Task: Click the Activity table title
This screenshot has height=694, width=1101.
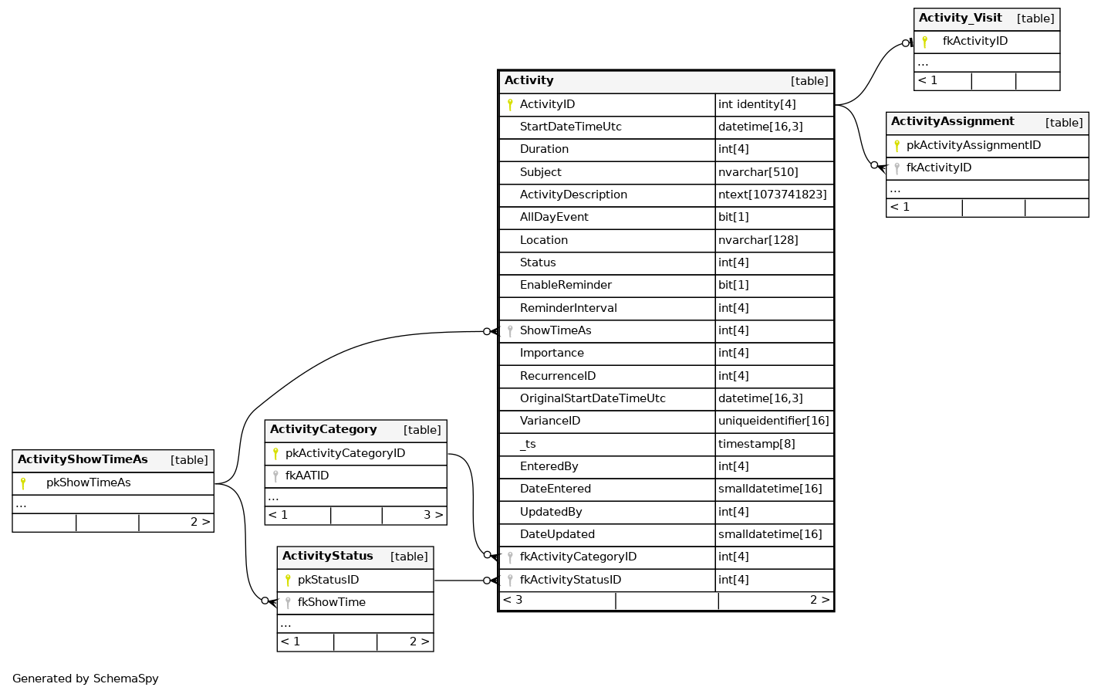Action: click(x=529, y=80)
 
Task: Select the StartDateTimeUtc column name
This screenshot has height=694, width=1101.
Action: click(x=570, y=127)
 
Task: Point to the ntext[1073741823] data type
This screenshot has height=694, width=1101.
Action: click(x=772, y=195)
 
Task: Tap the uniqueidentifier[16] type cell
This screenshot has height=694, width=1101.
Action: click(x=773, y=421)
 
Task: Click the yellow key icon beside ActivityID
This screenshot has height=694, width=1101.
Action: click(x=510, y=105)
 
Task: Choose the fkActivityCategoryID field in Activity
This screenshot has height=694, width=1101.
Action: click(x=578, y=557)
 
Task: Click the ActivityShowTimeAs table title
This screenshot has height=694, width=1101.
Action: click(x=83, y=460)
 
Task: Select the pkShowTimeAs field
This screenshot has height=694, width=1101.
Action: click(x=89, y=483)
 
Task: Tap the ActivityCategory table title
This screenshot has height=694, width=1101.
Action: click(x=323, y=430)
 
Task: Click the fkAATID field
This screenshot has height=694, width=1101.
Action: click(x=307, y=476)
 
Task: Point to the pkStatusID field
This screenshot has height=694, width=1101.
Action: click(x=328, y=581)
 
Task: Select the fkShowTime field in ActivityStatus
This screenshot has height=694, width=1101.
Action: click(x=332, y=603)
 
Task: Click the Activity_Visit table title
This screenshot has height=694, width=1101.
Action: click(x=960, y=19)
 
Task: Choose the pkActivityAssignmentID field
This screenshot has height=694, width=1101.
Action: click(x=974, y=146)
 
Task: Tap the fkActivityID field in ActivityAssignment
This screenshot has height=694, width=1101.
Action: click(x=939, y=168)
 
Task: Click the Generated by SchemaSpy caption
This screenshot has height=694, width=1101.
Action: click(x=86, y=679)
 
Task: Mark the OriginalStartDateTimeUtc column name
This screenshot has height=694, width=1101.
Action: click(x=593, y=399)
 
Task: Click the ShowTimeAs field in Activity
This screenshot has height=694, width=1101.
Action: click(x=556, y=331)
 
